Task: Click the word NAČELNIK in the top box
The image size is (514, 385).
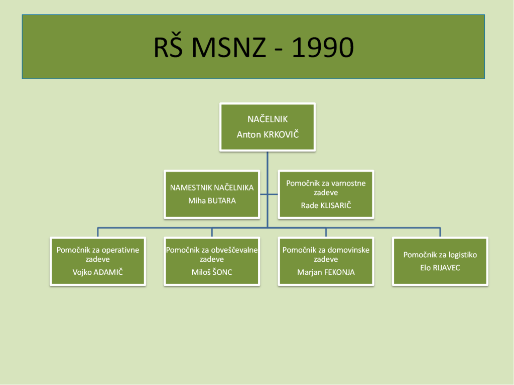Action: (268, 119)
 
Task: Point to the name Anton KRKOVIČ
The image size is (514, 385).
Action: (268, 135)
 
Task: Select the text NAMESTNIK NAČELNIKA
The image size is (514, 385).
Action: (212, 187)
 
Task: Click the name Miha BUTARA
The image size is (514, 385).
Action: (212, 201)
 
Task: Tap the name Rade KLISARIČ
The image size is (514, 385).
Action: (326, 206)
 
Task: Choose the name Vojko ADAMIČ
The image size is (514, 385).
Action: (98, 272)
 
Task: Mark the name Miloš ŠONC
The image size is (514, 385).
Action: (212, 272)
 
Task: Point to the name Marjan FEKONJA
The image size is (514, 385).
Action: (326, 272)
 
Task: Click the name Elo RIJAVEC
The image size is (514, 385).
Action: (440, 268)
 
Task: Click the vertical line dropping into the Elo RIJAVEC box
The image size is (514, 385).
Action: (440, 232)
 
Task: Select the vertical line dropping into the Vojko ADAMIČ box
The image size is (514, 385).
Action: (98, 232)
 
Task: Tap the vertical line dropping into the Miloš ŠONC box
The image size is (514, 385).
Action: (212, 232)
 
